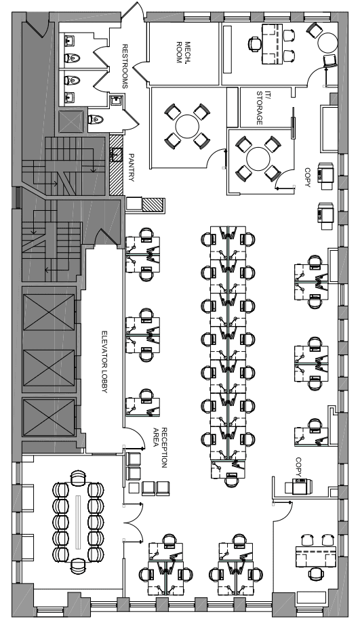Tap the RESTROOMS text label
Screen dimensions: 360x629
pos(125,66)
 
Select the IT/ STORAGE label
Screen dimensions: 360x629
pos(259,108)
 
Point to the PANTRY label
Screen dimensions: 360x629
pos(132,167)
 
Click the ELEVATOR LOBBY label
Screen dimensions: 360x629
pos(104,361)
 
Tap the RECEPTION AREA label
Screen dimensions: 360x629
pos(160,447)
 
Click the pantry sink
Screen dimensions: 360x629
pos(117,155)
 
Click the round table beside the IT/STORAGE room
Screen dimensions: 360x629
pos(258,159)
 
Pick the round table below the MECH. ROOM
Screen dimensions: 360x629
pos(187,126)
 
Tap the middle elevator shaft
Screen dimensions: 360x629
pos(49,367)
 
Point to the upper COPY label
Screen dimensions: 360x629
pos(307,178)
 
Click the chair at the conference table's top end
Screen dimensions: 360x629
pos(78,478)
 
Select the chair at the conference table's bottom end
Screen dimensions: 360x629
pos(78,565)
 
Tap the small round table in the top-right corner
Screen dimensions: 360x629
pos(328,42)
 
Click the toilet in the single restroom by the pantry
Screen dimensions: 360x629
pos(96,119)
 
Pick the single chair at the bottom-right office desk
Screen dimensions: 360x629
pos(316,573)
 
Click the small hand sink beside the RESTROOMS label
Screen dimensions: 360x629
pos(117,100)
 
